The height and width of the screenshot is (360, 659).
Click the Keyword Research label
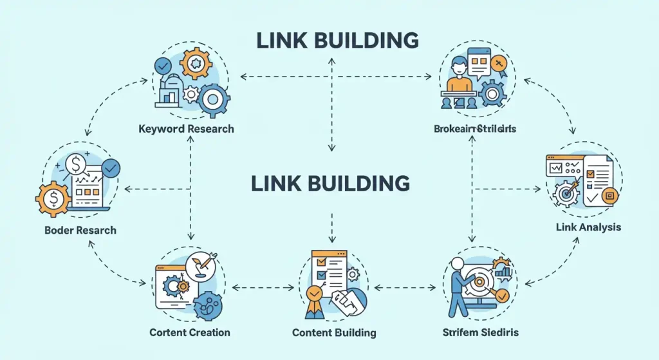coord(186,129)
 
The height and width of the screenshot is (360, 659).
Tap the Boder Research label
coord(80,230)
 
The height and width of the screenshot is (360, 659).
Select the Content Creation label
coord(189,332)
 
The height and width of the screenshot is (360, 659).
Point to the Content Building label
coord(334,332)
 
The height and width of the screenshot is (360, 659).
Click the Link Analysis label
coord(588,227)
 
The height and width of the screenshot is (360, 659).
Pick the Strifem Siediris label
coord(480,332)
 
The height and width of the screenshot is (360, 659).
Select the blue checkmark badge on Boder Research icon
coord(111,167)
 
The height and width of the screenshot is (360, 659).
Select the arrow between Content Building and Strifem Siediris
coord(404,287)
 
